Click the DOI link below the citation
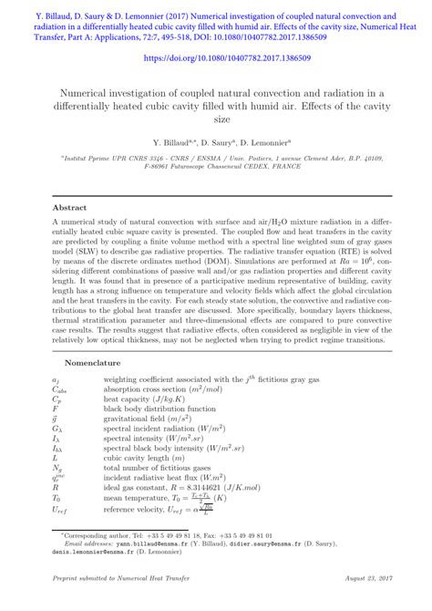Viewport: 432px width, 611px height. tap(215, 57)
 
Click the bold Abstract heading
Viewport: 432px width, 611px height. tap(70, 208)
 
